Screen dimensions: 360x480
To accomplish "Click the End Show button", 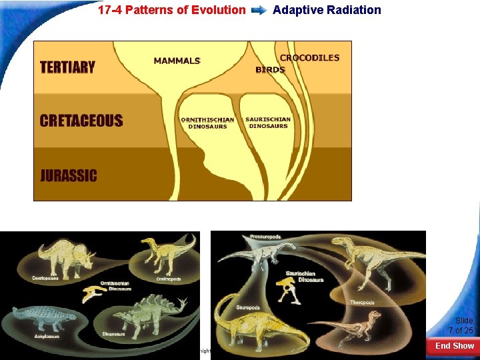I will point(454,345).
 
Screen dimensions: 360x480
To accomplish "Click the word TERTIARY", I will point(67,67).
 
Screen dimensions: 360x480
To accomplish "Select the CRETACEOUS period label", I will point(81,121).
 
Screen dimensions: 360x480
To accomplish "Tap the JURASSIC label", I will point(69,176).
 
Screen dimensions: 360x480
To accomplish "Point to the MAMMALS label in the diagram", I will point(177,61).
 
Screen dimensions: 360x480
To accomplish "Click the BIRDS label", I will point(271,70).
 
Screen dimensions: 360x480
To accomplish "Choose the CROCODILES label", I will point(309,58).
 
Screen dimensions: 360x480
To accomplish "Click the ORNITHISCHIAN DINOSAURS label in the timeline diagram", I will point(207,123).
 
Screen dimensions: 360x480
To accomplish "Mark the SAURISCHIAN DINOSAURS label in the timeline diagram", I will point(267,123).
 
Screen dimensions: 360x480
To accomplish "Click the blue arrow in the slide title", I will point(259,10).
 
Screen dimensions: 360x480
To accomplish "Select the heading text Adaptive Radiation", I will point(327,10).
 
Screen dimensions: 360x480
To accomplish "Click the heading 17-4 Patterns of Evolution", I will point(171,10).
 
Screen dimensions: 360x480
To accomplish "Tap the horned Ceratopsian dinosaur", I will point(63,257).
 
